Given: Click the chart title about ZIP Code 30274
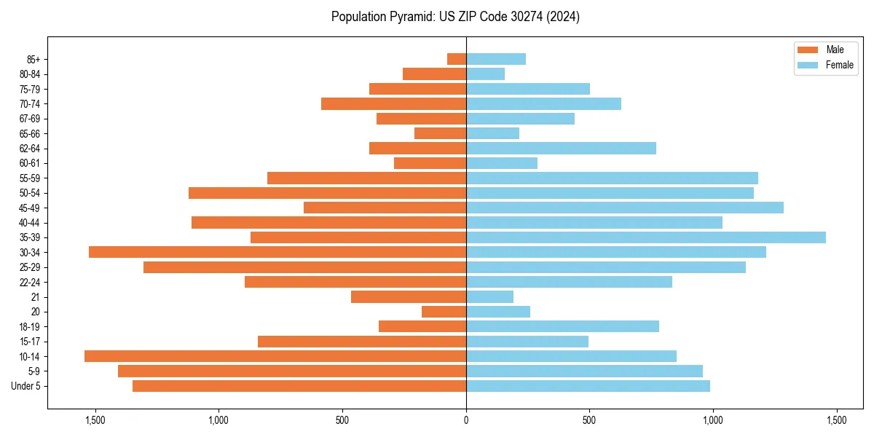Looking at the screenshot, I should [455, 17].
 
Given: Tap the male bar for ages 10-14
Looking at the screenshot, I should [275, 356].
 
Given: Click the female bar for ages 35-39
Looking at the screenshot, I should [646, 237].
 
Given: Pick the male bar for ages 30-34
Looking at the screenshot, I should [277, 252].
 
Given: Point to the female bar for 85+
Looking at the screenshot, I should [496, 59].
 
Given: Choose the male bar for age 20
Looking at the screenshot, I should [444, 312].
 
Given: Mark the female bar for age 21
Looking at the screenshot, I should [489, 296].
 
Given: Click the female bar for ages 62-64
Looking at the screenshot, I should [561, 149].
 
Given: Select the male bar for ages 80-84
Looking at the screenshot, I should [434, 74].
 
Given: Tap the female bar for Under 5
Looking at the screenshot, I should [588, 386].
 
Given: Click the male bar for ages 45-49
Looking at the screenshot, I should [385, 208].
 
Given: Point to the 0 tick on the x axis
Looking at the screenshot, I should [466, 420].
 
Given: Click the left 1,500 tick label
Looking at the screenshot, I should [95, 420].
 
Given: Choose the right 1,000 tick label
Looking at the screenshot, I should [713, 420].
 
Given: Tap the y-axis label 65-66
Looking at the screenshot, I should [30, 133].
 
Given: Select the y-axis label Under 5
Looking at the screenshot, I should [26, 386].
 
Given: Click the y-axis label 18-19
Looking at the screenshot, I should [30, 326].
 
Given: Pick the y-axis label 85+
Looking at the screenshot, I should [34, 59].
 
